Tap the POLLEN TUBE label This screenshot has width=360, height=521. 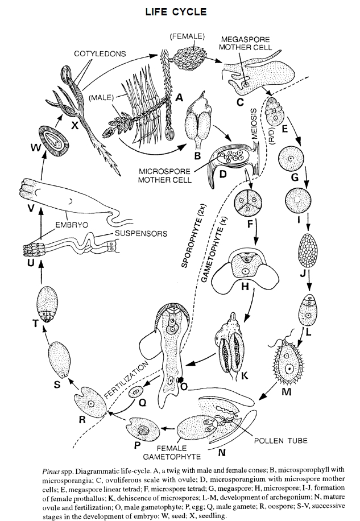(x=278, y=440)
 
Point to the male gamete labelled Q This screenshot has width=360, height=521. (x=136, y=392)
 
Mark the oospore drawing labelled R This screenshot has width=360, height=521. (x=91, y=403)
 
